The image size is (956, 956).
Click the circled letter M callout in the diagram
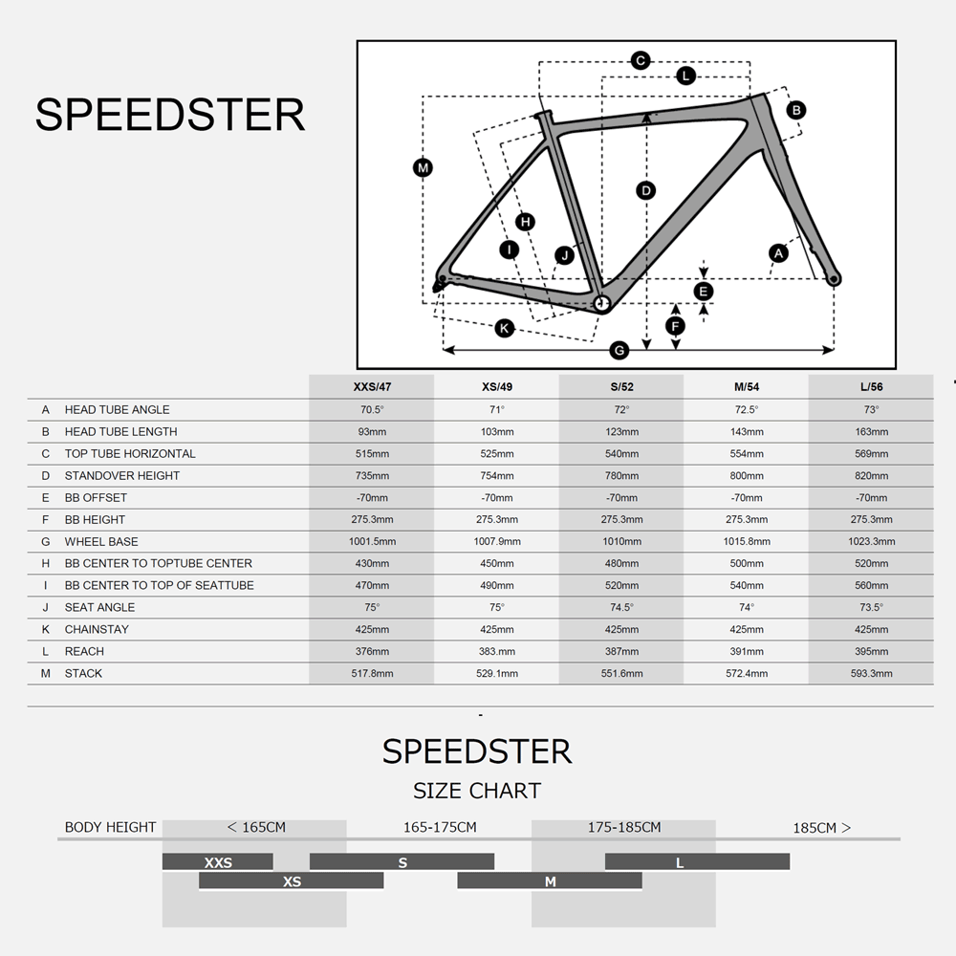423,167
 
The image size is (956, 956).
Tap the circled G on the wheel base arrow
619,351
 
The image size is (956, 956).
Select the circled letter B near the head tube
795,110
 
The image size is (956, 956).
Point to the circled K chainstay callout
504,329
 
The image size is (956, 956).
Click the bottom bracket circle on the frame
601,303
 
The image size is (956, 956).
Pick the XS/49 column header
497,386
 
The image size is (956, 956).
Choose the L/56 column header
871,386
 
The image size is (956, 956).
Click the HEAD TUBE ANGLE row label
117,410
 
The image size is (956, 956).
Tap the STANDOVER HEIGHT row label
122,475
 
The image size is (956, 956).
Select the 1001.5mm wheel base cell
372,541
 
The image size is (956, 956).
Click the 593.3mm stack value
871,673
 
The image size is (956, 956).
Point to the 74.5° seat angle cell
622,607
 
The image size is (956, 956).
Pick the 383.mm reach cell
497,651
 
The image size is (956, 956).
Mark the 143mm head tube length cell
747,432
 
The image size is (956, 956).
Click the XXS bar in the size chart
218,862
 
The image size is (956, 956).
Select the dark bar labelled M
550,881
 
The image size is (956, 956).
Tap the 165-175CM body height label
440,827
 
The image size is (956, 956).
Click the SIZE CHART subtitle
477,791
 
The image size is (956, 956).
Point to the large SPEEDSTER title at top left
169,115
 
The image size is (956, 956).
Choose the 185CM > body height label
821,828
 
